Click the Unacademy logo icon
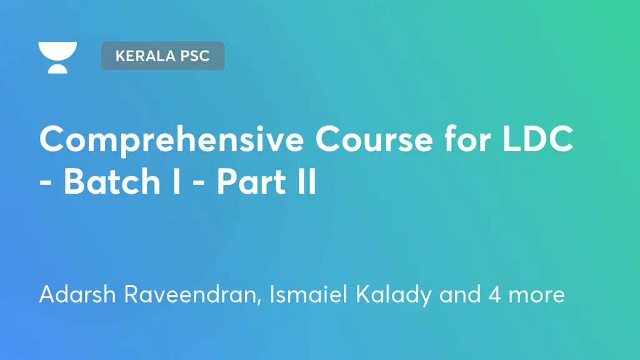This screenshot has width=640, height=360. [x=57, y=57]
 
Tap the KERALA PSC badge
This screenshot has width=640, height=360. [x=162, y=56]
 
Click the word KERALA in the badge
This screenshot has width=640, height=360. [x=143, y=56]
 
